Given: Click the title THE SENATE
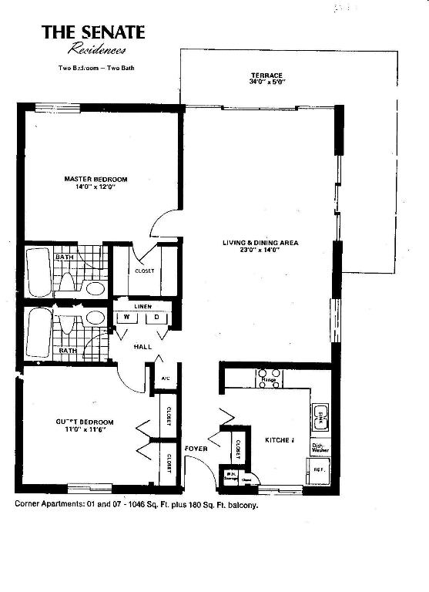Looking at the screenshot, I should (x=92, y=32).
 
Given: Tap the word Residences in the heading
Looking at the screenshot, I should (x=97, y=50).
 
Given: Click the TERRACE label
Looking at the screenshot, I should (x=266, y=75).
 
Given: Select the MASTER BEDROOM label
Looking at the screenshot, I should (x=96, y=179).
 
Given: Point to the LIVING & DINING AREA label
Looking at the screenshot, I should (x=260, y=243).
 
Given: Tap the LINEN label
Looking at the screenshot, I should (x=143, y=306).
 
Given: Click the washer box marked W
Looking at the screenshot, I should (x=125, y=318).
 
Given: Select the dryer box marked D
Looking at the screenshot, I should (x=157, y=318).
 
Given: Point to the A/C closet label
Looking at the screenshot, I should (x=166, y=378).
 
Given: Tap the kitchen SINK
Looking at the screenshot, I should (x=320, y=417).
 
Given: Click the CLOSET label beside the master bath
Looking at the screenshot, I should (x=144, y=271).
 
